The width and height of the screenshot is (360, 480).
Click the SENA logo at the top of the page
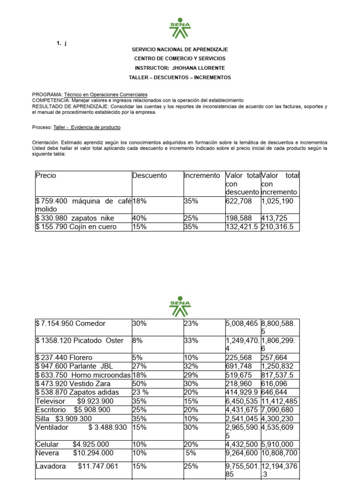point(180,29)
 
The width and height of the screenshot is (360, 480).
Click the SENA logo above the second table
point(180,305)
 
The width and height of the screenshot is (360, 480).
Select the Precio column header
point(45,175)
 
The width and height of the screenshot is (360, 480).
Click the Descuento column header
point(150,175)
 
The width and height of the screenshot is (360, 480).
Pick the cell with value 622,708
point(239,201)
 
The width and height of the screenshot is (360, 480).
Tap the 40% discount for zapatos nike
point(139,218)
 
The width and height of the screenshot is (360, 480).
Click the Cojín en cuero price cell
point(76,227)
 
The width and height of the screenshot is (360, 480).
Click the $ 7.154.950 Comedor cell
point(71,323)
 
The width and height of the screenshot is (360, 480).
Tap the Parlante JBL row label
point(74,366)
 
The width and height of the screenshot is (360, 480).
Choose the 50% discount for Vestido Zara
point(139,383)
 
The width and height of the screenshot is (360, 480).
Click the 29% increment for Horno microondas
point(191,375)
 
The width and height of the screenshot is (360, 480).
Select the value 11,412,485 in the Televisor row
point(279,401)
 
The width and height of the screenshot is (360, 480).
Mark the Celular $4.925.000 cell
point(72,444)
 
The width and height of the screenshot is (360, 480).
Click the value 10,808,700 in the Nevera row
point(279,453)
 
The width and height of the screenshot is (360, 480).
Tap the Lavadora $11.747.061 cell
point(77,466)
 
